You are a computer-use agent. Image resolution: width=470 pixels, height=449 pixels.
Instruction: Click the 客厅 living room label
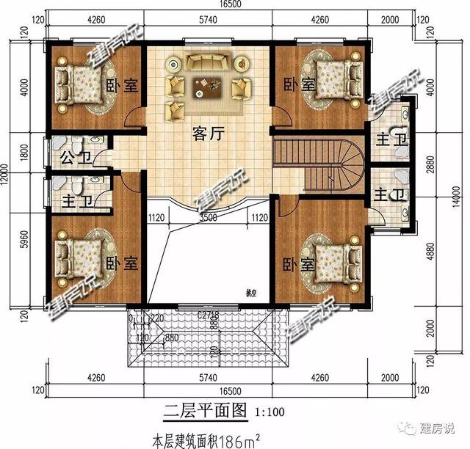tap(208, 134)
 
